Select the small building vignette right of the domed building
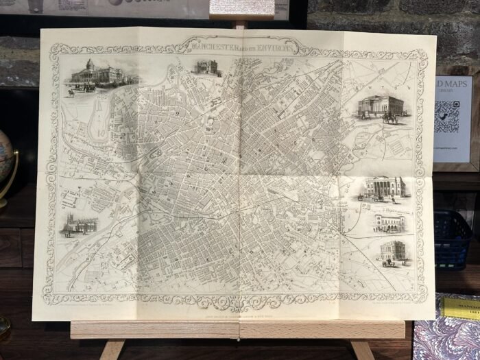click(x=206, y=67)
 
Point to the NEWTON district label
click(x=392, y=89)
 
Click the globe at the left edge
click(x=5, y=165)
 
